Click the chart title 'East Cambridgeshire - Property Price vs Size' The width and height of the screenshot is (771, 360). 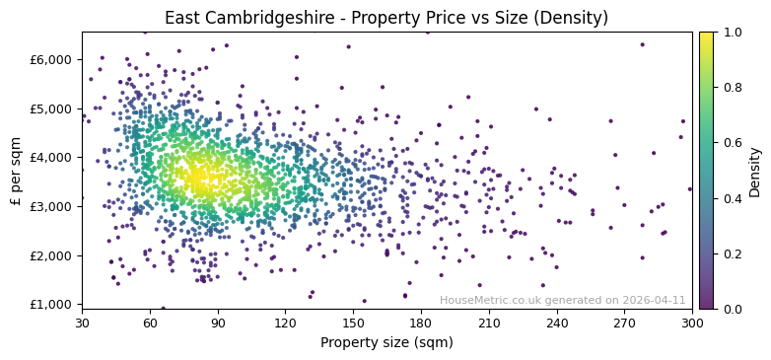(385, 18)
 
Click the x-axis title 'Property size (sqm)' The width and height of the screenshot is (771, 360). (386, 342)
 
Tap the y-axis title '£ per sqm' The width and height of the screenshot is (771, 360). (16, 171)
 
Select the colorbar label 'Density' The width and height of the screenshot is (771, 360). (754, 171)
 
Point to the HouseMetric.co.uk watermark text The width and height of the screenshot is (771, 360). (562, 300)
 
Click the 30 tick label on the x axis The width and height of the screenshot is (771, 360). (82, 323)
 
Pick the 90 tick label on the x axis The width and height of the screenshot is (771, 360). (218, 323)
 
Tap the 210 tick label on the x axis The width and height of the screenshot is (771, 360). (489, 323)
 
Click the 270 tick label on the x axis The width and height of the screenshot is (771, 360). (624, 323)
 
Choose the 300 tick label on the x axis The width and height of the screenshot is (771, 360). (692, 323)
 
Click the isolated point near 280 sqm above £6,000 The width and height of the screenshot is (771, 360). (642, 44)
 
